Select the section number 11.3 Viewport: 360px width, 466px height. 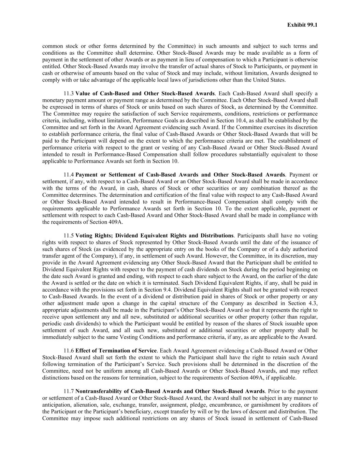pyautogui.click(x=69, y=94)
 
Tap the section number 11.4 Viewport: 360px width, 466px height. pyautogui.click(x=69, y=175)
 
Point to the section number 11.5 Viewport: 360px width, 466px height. pyautogui.click(x=69, y=236)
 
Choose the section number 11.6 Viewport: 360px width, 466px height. pyautogui.click(x=69, y=351)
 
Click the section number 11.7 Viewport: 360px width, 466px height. pyautogui.click(x=69, y=391)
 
